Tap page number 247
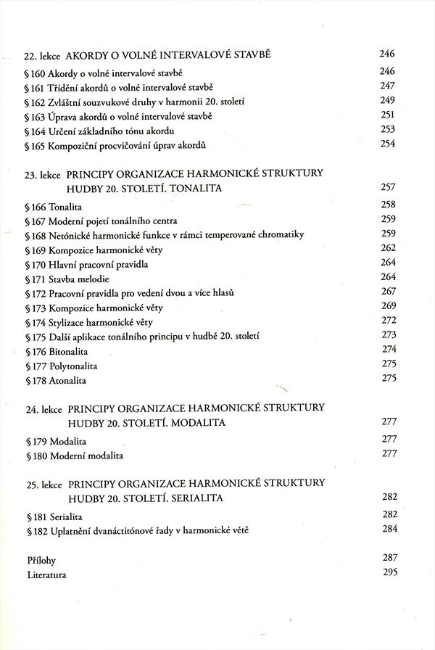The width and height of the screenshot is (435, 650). (x=387, y=86)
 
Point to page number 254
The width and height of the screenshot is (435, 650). (x=387, y=144)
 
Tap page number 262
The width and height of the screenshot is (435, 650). (x=389, y=248)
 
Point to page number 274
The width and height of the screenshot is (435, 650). (x=389, y=349)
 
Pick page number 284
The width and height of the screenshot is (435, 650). (x=389, y=529)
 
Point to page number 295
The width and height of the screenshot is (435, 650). (x=389, y=573)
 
